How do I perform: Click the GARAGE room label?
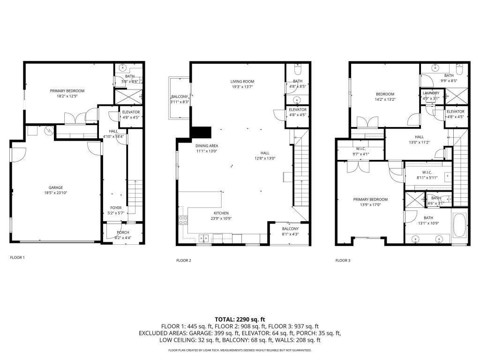coord(56,187)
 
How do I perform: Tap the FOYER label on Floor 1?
coord(116,208)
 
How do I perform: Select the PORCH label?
coord(123,232)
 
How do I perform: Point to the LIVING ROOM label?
coord(242,81)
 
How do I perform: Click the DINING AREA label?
coord(207,146)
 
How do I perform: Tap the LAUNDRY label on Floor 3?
coord(431,93)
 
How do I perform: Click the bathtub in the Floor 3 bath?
coord(459,226)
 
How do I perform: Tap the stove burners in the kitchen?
coord(183,220)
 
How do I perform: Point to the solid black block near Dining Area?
coord(200,133)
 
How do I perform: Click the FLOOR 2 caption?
coord(183,260)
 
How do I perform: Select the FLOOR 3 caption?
coord(343,260)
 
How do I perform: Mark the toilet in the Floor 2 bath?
coord(298,70)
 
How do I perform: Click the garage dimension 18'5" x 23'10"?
coord(56,193)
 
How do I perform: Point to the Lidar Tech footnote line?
coord(240,350)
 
